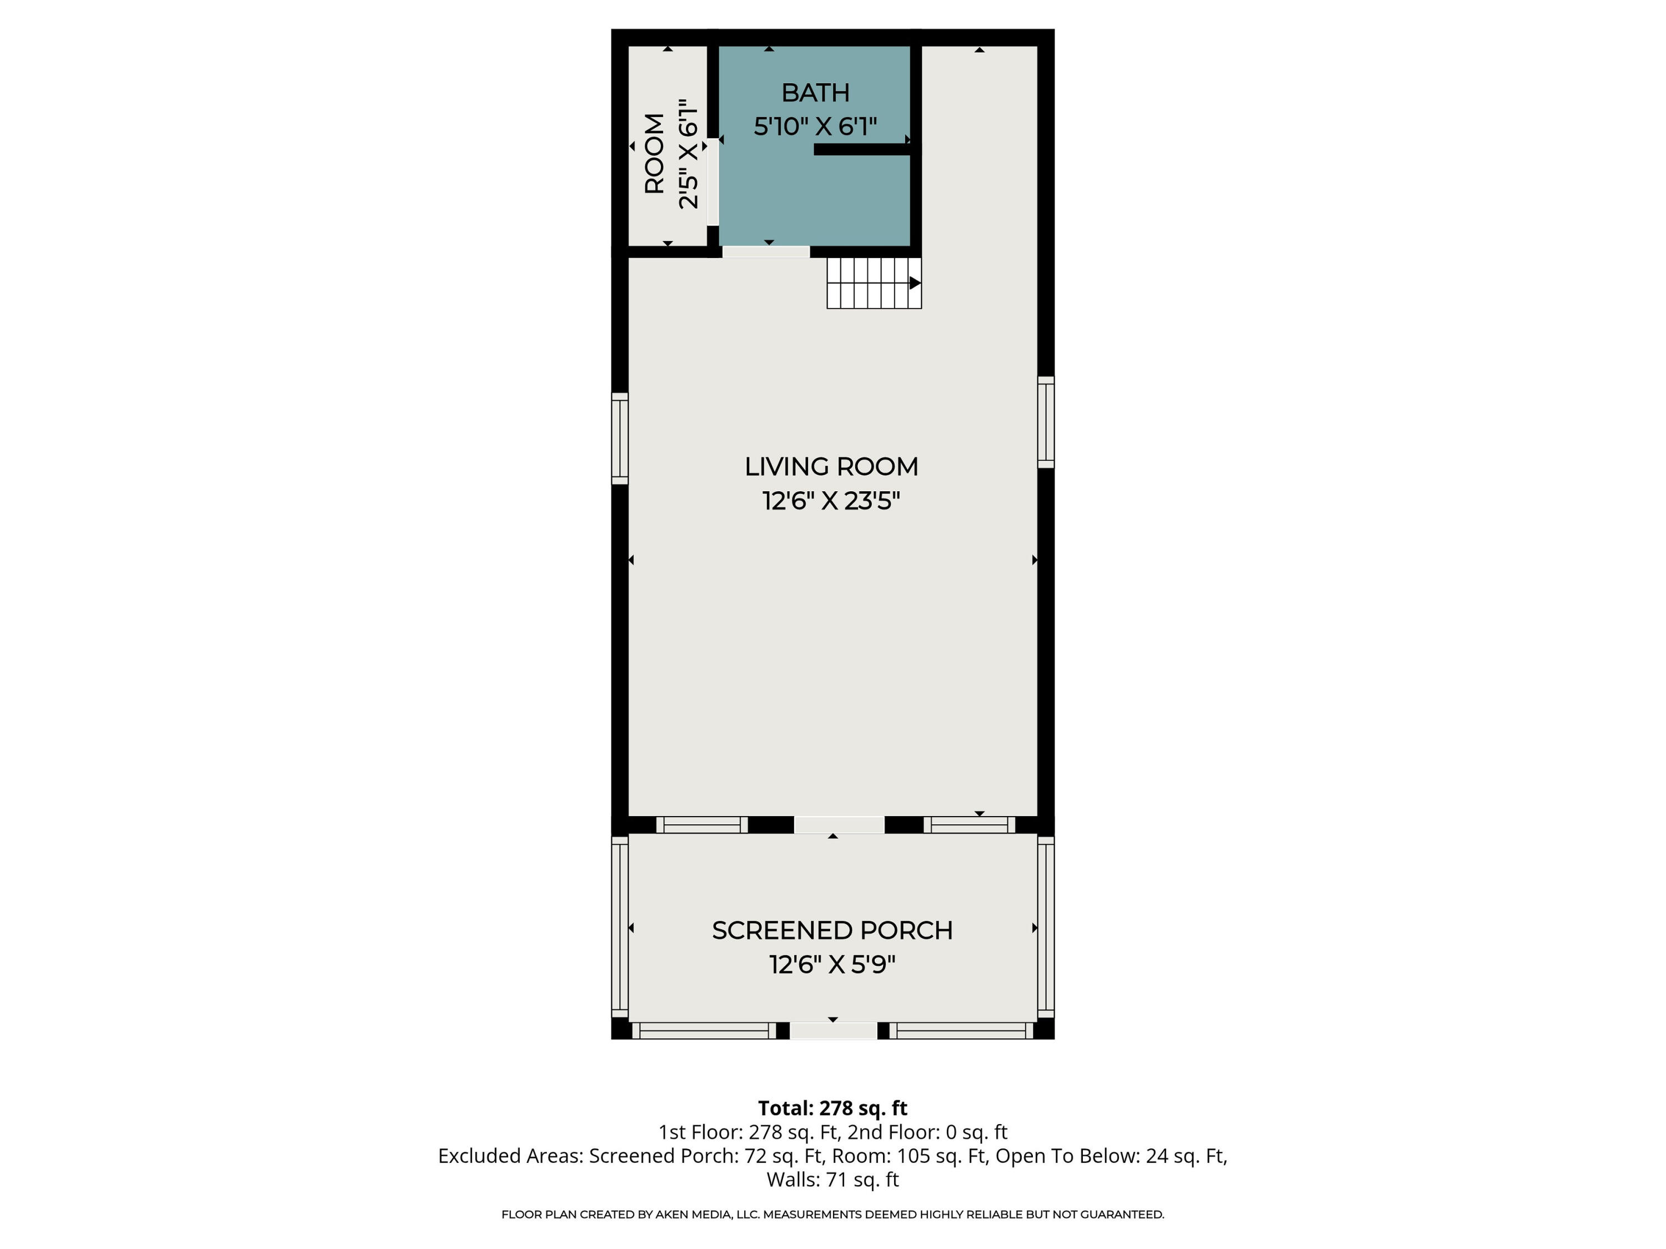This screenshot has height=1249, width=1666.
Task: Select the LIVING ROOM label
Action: (831, 467)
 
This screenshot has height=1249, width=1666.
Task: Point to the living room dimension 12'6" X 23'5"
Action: (831, 501)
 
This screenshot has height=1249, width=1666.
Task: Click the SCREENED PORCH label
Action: (832, 930)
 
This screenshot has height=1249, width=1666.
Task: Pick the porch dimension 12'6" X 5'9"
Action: (832, 964)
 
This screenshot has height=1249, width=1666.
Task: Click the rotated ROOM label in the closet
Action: (655, 154)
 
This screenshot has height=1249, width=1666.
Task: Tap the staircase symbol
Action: (874, 283)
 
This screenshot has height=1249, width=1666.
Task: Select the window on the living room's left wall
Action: (619, 438)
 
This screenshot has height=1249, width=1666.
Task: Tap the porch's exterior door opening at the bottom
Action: (833, 1031)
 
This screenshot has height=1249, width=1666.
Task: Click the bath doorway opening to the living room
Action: (765, 251)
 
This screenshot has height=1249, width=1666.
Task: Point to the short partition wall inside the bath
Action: (862, 150)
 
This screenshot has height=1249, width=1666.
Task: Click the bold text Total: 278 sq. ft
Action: (832, 1108)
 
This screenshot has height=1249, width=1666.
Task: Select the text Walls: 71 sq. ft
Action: (832, 1179)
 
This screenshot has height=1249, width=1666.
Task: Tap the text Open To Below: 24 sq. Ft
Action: (1111, 1156)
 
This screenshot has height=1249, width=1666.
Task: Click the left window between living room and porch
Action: (702, 825)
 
